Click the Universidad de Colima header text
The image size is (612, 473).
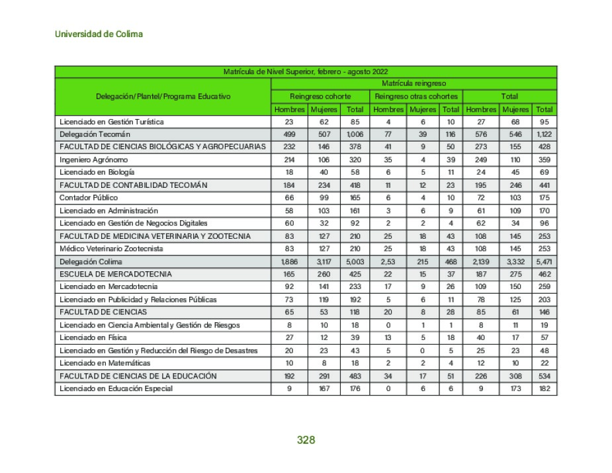tap(99, 34)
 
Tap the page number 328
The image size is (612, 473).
tap(306, 440)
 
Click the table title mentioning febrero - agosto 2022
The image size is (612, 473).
tap(305, 71)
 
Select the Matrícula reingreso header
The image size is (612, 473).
tap(414, 83)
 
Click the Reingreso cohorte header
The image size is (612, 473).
tap(320, 97)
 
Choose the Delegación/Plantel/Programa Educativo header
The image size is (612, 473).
tap(163, 97)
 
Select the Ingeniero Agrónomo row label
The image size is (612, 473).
tap(93, 160)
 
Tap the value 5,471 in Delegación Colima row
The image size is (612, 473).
tap(545, 262)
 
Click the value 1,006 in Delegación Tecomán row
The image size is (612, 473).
tap(355, 134)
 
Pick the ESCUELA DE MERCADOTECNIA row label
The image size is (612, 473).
tap(115, 275)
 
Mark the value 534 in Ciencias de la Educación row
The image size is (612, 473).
tap(545, 376)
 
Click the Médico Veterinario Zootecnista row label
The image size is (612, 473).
tap(110, 249)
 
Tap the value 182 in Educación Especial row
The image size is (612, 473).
tap(545, 389)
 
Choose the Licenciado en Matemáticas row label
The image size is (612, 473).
tap(105, 363)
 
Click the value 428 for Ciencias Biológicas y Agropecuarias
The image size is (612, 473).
tap(545, 147)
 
